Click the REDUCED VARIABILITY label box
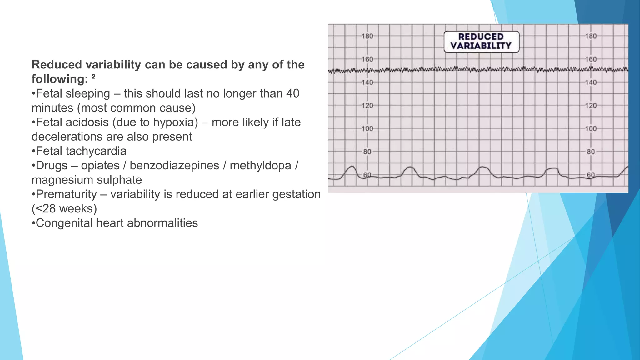[x=481, y=42]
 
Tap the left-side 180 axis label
[x=367, y=36]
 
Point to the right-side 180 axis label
[x=591, y=36]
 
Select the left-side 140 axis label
[x=367, y=82]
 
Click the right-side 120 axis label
[x=591, y=106]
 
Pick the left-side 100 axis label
[x=367, y=129]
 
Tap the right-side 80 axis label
[x=591, y=152]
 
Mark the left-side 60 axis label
[x=367, y=175]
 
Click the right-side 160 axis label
[x=591, y=59]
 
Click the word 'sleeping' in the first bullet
[x=88, y=93]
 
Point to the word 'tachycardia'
[x=96, y=151]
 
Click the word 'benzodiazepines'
[x=174, y=165]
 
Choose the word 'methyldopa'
[x=260, y=165]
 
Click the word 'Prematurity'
[x=66, y=194]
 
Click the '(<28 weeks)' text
[x=64, y=208]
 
